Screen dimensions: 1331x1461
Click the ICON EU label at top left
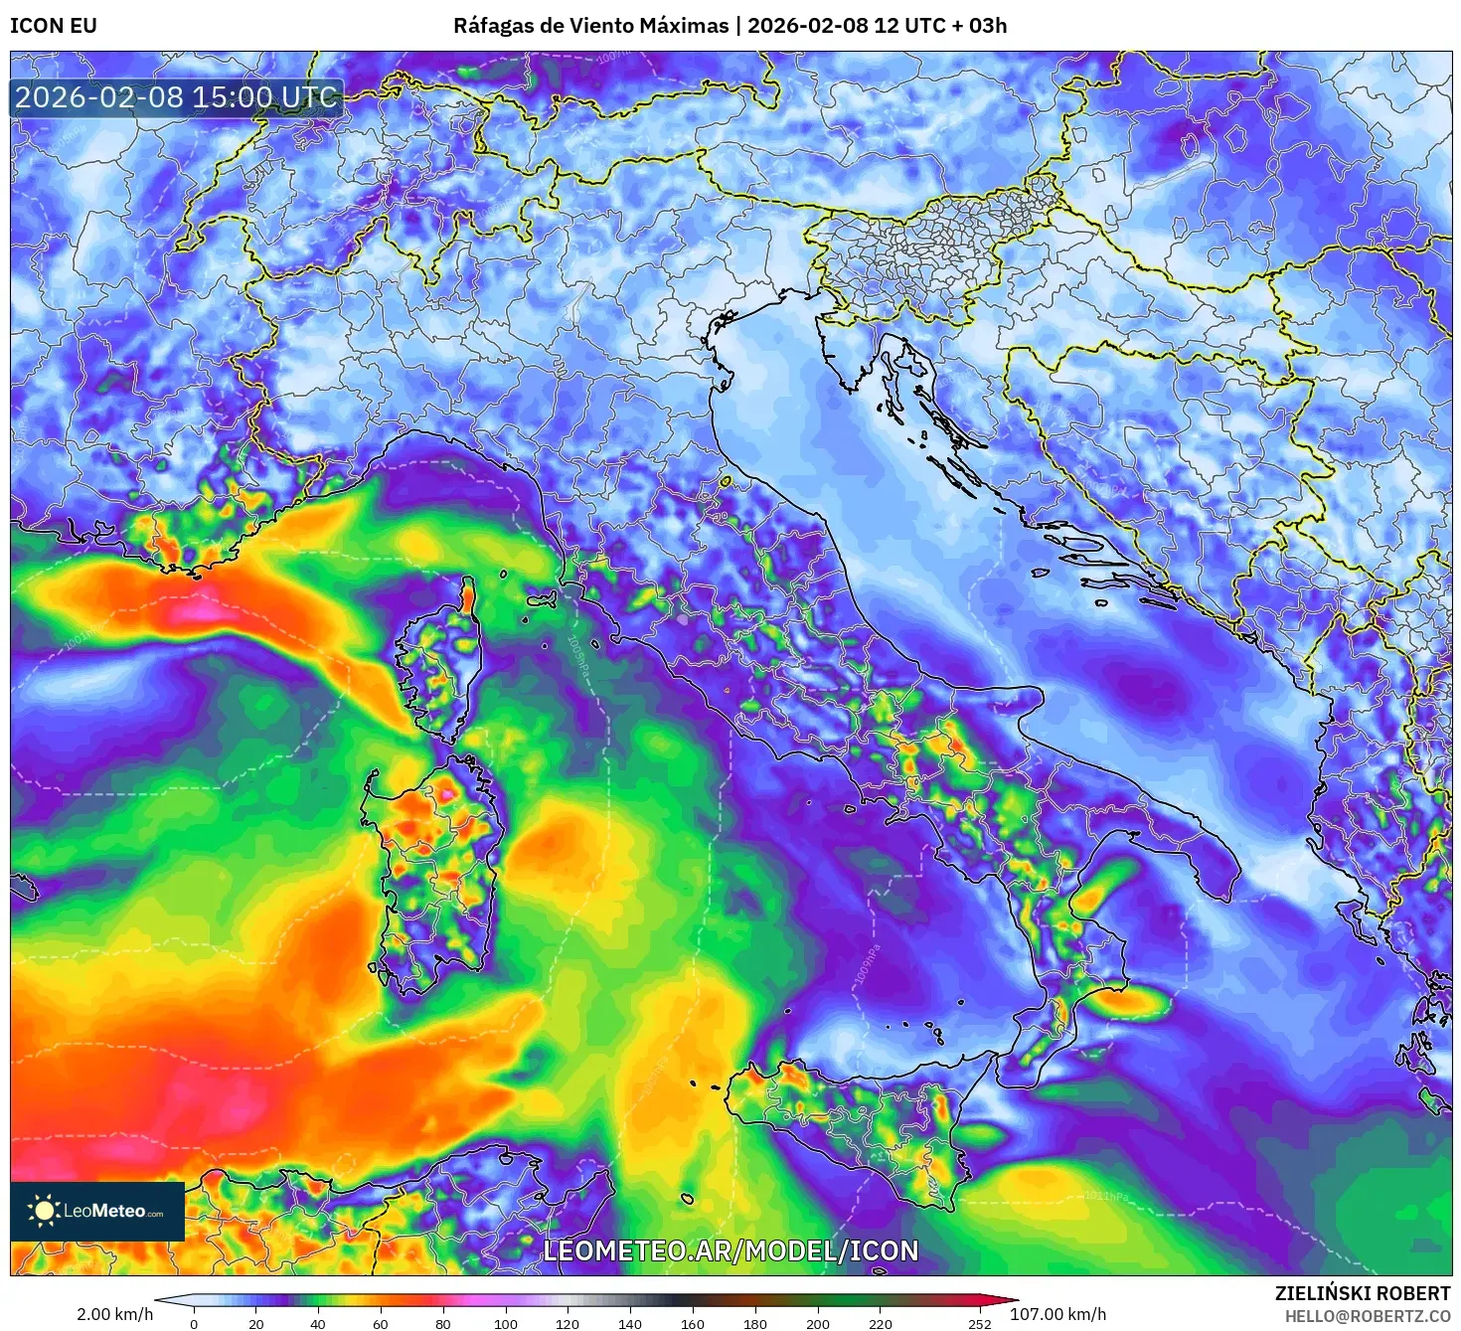54,26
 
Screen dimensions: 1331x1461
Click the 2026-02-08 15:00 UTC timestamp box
176,97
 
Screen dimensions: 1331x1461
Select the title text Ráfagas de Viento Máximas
590,26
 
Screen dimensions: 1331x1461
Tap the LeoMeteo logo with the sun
96,1211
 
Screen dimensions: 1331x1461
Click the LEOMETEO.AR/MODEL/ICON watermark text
730,1250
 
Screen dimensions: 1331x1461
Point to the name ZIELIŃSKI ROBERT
1362,1293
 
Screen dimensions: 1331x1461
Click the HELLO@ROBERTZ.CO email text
1368,1316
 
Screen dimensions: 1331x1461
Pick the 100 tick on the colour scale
505,1323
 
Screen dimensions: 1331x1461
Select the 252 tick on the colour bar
980,1323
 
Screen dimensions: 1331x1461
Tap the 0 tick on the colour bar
194,1323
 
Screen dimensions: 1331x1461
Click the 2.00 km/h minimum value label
115,1314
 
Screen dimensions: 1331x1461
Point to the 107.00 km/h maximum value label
1057,1314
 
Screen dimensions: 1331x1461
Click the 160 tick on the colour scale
692,1323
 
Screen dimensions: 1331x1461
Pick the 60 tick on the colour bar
380,1323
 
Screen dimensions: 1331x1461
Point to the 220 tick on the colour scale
880,1323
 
